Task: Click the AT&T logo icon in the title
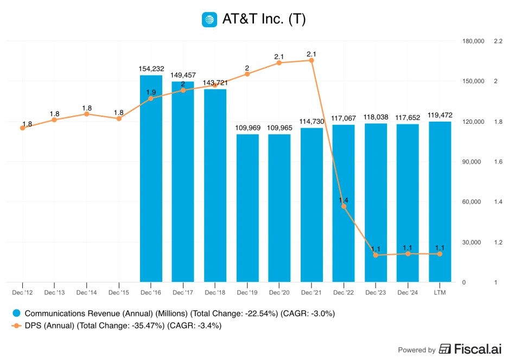pyautogui.click(x=209, y=20)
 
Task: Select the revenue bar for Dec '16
pyautogui.click(x=151, y=179)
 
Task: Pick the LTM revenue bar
pyautogui.click(x=440, y=201)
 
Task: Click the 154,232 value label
pyautogui.click(x=151, y=68)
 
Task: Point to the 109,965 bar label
pyautogui.click(x=279, y=128)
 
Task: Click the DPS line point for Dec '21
pyautogui.click(x=311, y=60)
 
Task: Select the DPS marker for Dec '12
pyautogui.click(x=22, y=128)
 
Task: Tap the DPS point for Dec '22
pyautogui.click(x=343, y=206)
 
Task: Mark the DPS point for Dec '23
pyautogui.click(x=376, y=255)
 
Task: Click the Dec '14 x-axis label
pyautogui.click(x=86, y=293)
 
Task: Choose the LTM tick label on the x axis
pyautogui.click(x=440, y=293)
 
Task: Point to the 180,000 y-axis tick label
pyautogui.click(x=473, y=41)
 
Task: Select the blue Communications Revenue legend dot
pyautogui.click(x=16, y=313)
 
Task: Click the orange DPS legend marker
pyautogui.click(x=16, y=326)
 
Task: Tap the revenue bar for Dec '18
pyautogui.click(x=215, y=185)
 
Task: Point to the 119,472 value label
pyautogui.click(x=440, y=115)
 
